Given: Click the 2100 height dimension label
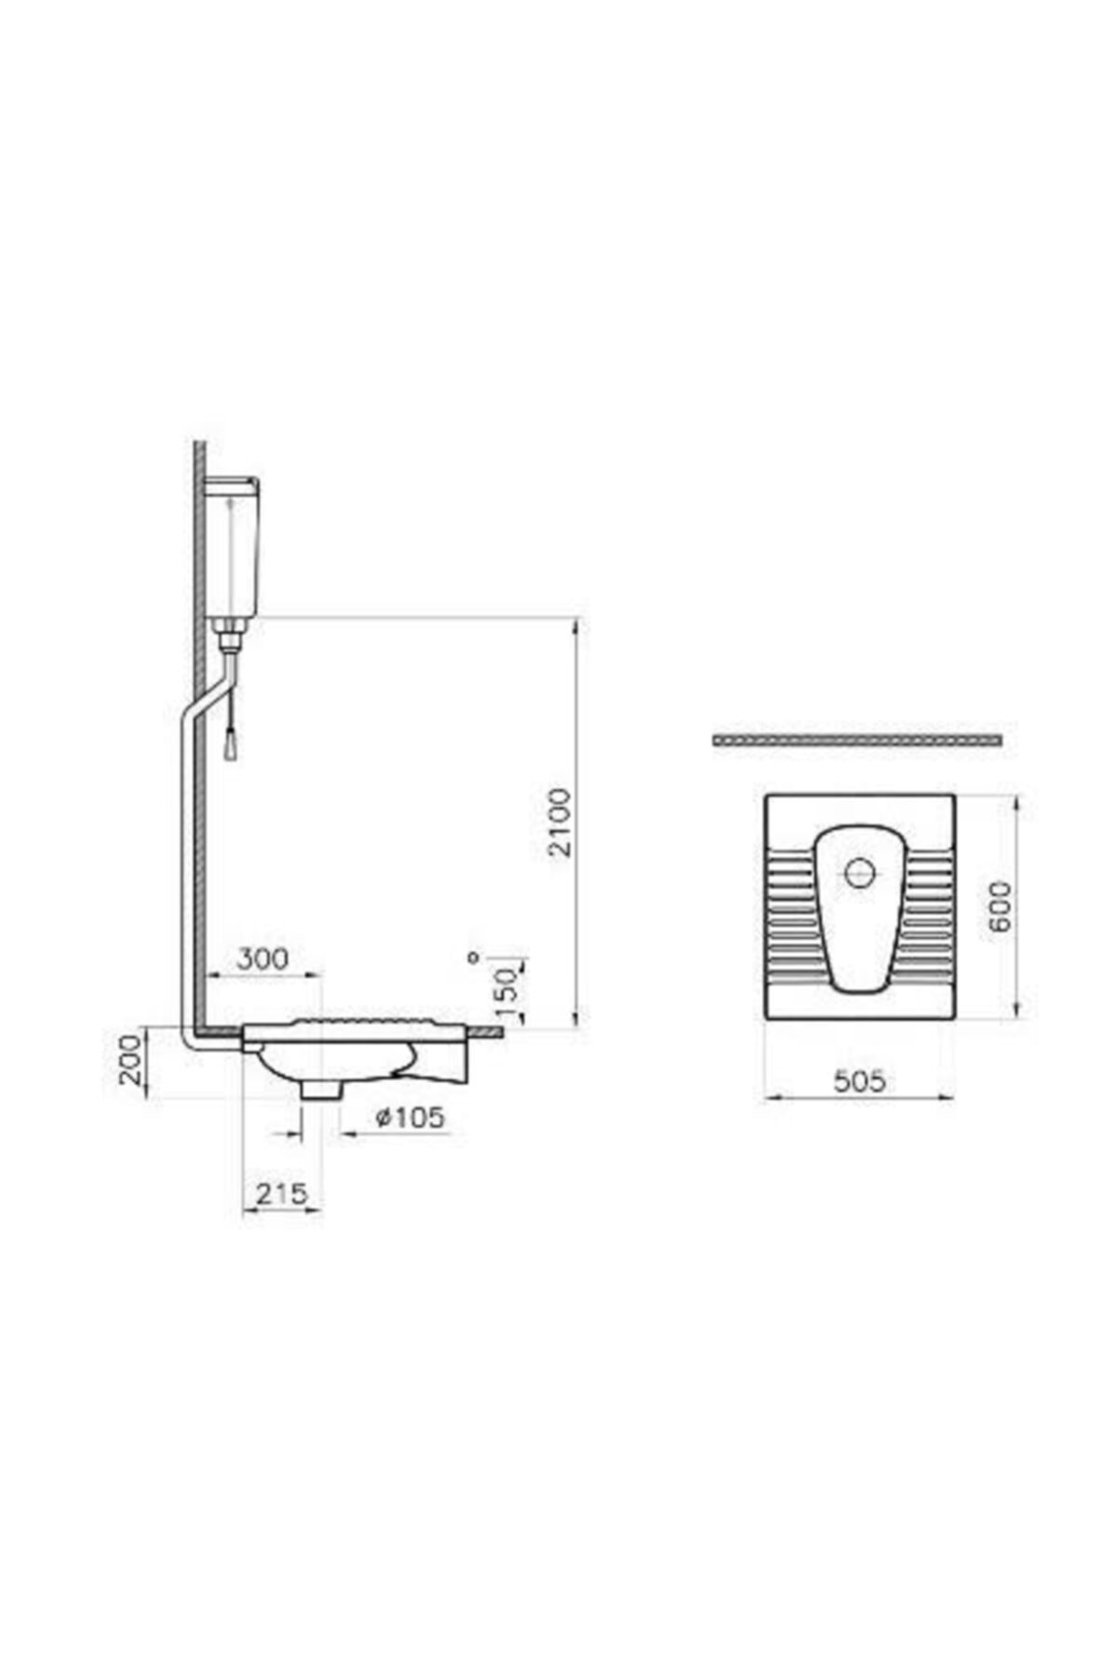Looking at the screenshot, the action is (x=558, y=823).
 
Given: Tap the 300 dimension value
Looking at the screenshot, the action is (x=262, y=958).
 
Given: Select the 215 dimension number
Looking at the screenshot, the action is (x=281, y=1194).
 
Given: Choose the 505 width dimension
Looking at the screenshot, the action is (x=859, y=1081).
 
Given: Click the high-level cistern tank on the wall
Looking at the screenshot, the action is (x=231, y=549).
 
